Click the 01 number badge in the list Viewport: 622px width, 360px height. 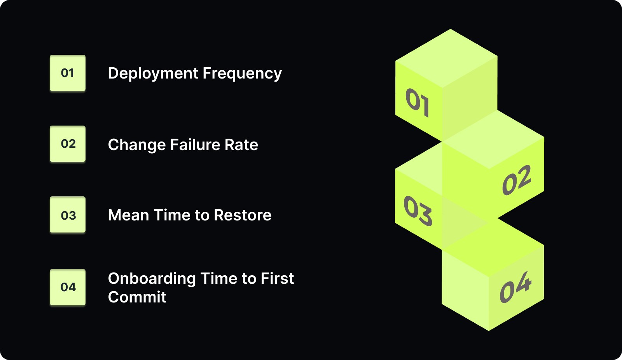click(x=68, y=73)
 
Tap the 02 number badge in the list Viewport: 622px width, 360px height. click(x=68, y=144)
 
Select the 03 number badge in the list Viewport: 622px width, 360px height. click(x=68, y=215)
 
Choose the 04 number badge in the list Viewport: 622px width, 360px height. click(x=68, y=287)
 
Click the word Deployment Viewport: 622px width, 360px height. click(x=153, y=74)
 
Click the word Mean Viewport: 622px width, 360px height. click(x=128, y=215)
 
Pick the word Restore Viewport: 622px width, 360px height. click(x=243, y=215)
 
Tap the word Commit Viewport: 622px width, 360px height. click(x=137, y=297)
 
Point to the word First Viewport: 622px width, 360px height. click(x=277, y=279)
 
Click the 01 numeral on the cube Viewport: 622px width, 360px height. click(x=417, y=102)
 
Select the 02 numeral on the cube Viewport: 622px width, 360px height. click(x=516, y=180)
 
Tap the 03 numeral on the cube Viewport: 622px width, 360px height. click(x=418, y=211)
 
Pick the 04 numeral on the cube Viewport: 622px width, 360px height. click(x=515, y=288)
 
